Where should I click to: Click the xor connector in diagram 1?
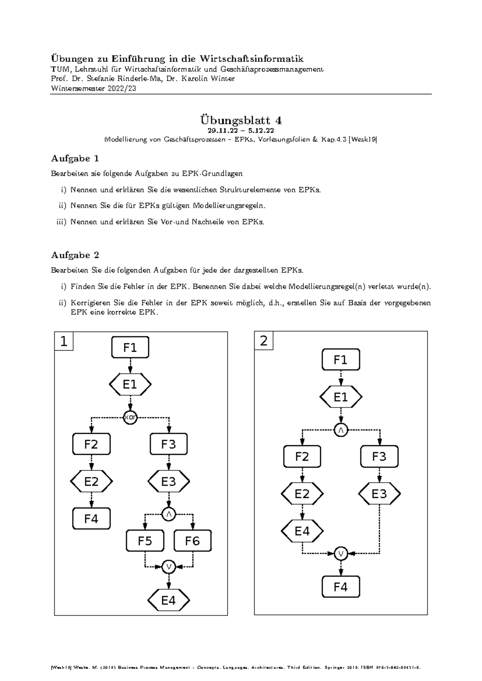click(130, 418)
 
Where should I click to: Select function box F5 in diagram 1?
click(145, 541)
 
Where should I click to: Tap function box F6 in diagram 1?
click(192, 541)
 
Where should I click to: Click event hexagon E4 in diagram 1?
click(169, 600)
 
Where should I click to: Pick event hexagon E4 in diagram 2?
click(302, 531)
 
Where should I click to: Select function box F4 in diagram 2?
click(341, 587)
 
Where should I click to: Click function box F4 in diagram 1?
click(91, 518)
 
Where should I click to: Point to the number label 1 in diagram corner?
click(64, 341)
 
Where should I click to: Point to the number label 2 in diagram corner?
click(263, 341)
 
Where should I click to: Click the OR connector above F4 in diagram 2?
click(341, 554)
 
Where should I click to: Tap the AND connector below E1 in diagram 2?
click(341, 430)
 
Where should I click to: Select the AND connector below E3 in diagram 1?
click(169, 514)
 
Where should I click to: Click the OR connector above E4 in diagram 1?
click(169, 567)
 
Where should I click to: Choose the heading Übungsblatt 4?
click(241, 120)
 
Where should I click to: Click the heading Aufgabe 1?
click(75, 158)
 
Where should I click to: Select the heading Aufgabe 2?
click(75, 255)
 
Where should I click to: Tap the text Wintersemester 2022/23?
click(94, 89)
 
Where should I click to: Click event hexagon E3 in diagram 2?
click(379, 493)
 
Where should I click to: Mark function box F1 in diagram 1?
click(130, 348)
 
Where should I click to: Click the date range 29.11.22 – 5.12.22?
click(241, 131)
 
